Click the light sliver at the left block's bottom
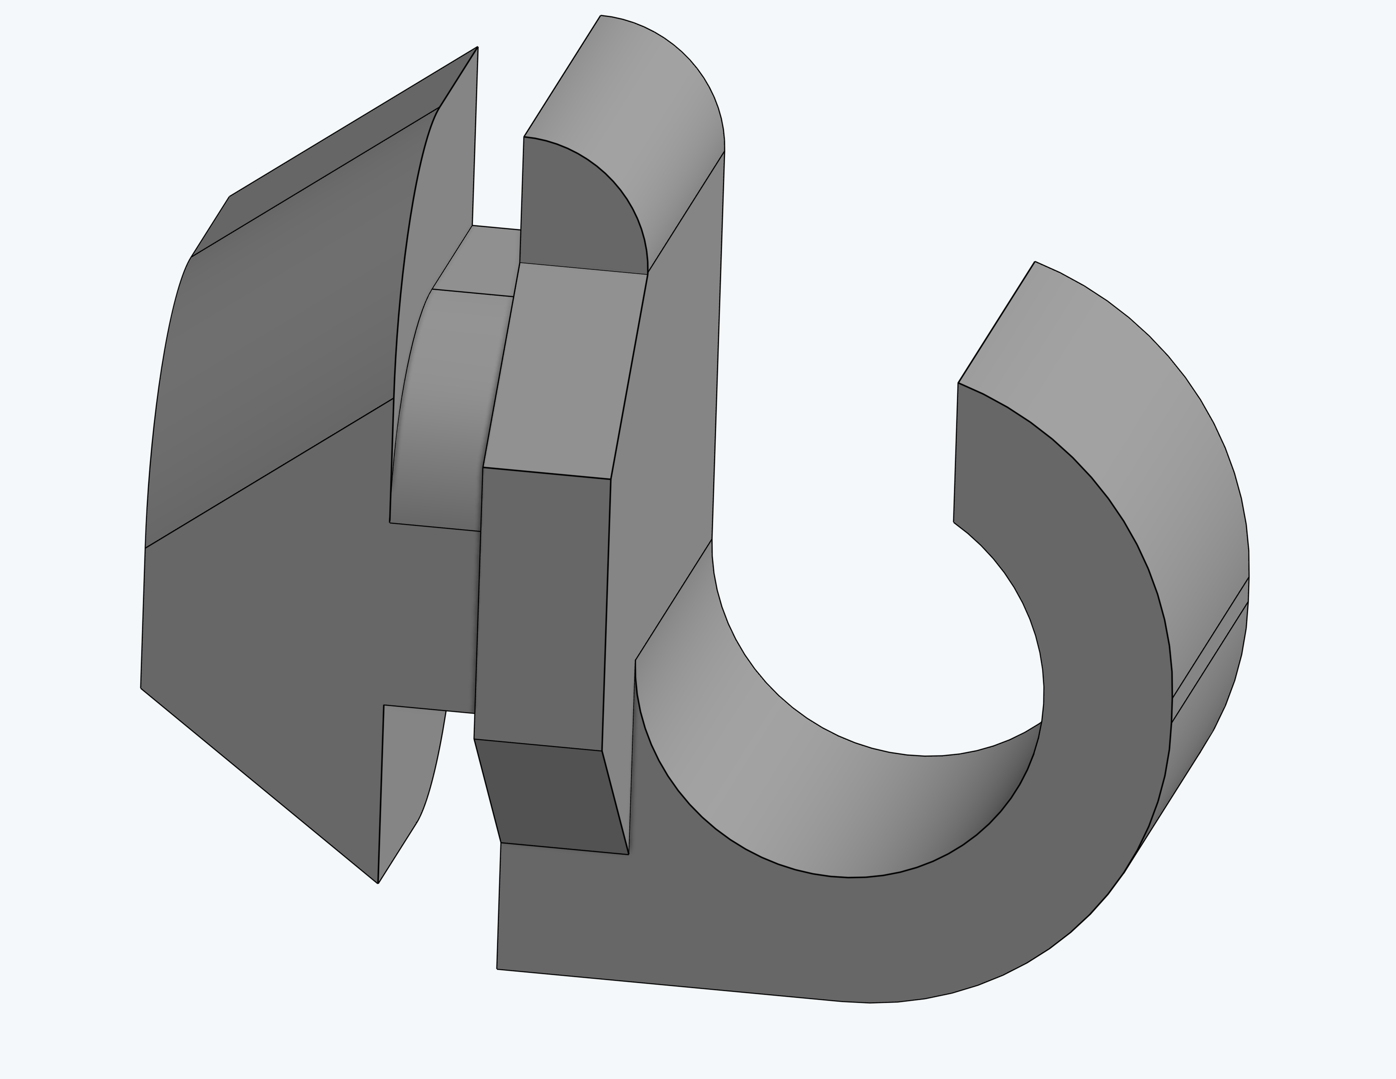coord(409,786)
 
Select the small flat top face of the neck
coord(479,259)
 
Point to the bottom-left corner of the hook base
coord(497,969)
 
